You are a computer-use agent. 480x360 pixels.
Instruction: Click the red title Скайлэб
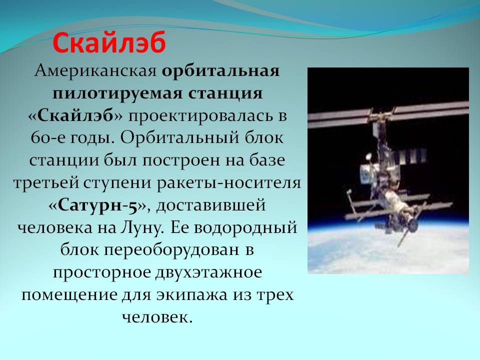pyautogui.click(x=109, y=42)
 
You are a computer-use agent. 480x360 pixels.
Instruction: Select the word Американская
pyautogui.click(x=95, y=71)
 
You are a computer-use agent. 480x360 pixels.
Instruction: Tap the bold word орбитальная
pyautogui.click(x=220, y=71)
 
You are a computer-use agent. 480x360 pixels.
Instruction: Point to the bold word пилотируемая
pyautogui.click(x=118, y=93)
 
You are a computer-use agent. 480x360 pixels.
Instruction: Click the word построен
pyautogui.click(x=181, y=160)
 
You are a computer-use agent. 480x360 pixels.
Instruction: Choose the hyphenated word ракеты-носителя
pyautogui.click(x=229, y=183)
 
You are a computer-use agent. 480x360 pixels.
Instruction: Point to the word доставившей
pyautogui.click(x=210, y=205)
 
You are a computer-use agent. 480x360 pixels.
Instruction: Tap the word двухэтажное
pyautogui.click(x=208, y=273)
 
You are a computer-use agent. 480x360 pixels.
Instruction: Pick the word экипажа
pyautogui.click(x=192, y=295)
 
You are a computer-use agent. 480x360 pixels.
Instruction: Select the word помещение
pyautogui.click(x=69, y=295)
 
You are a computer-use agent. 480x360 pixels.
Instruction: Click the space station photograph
pyautogui.click(x=388, y=170)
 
